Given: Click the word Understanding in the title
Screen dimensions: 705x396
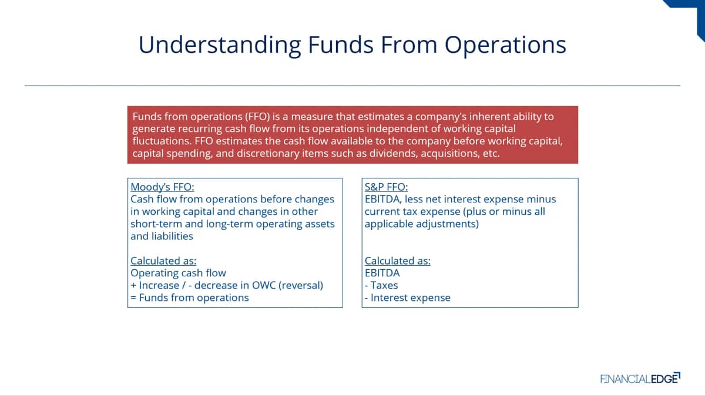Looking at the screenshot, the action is coord(220,45).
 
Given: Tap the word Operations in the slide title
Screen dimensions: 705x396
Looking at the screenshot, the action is coord(505,45).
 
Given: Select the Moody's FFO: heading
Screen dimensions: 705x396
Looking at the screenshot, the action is coord(162,187).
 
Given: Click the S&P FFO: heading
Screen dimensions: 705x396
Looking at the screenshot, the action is coord(386,187).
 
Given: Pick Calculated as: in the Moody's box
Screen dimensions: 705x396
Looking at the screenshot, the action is coord(163,261).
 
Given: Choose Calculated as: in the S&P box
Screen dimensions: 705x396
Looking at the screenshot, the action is coord(398,261).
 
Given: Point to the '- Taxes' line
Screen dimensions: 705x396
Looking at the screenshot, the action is coord(381,285).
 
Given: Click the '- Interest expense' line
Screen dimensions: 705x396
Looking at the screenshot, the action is coord(408,297).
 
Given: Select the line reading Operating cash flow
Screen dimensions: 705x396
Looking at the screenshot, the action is coord(178,273).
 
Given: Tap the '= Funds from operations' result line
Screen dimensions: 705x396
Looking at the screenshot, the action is coord(189,297).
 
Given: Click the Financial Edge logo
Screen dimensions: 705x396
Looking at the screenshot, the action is coord(640,378).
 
